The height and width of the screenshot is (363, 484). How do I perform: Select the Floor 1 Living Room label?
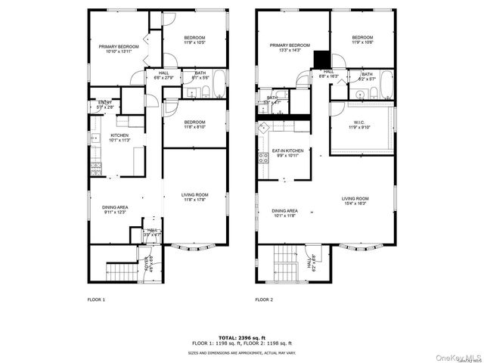click(x=194, y=197)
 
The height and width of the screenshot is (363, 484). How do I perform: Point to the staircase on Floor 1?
click(x=120, y=268)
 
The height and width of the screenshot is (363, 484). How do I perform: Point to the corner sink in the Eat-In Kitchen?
click(x=265, y=129)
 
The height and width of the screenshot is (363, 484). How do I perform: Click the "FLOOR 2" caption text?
click(x=263, y=300)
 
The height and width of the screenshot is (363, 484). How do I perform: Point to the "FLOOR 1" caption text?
click(x=96, y=300)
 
